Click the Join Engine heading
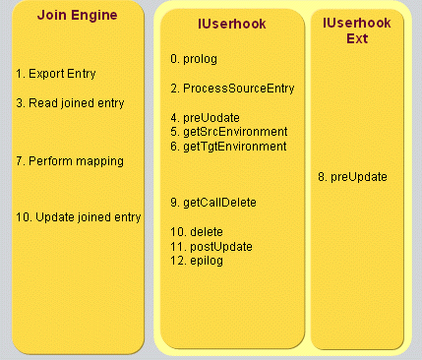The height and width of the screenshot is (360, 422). pos(76,15)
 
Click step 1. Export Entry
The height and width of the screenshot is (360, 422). pos(56,74)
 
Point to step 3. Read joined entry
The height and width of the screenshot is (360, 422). pos(70,102)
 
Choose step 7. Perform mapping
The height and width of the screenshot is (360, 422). pos(69,160)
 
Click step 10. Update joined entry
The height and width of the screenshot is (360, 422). pos(79,217)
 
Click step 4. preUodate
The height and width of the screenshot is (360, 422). pos(205,117)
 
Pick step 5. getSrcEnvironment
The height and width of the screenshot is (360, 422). pos(228,132)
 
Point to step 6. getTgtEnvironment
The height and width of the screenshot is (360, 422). pos(228,146)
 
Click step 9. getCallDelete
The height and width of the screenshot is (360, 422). pos(213,203)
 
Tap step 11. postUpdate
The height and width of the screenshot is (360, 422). pos(211,245)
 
